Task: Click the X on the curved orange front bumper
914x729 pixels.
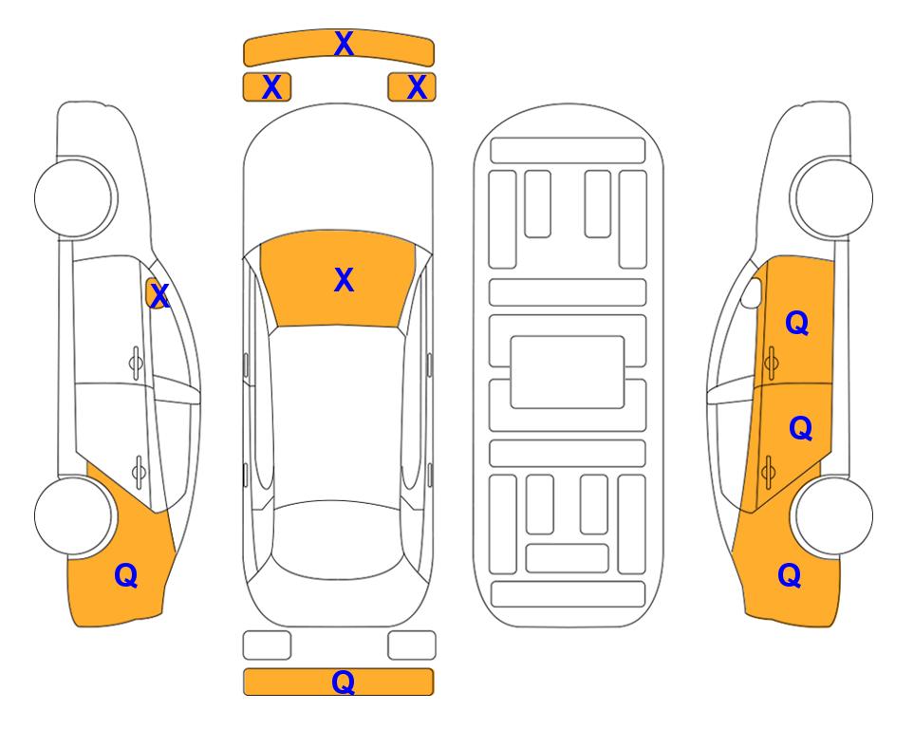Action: click(x=344, y=44)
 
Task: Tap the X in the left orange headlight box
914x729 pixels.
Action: click(x=271, y=87)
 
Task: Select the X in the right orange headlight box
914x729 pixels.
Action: click(x=417, y=87)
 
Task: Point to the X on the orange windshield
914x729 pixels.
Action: click(x=344, y=280)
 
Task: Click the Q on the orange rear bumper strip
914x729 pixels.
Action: click(x=343, y=682)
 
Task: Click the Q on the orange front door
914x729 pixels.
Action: click(x=797, y=323)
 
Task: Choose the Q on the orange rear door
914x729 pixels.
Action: click(x=800, y=429)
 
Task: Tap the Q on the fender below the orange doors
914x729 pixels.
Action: click(x=790, y=575)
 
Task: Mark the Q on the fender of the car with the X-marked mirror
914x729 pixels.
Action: click(x=126, y=575)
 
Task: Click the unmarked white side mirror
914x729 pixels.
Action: click(x=751, y=293)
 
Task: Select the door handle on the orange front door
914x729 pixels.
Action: click(x=771, y=363)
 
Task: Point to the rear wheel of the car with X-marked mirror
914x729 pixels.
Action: click(x=73, y=515)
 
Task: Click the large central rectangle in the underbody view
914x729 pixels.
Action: click(x=568, y=372)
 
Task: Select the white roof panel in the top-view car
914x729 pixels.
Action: click(x=337, y=414)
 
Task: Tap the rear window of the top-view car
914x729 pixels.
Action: click(x=335, y=539)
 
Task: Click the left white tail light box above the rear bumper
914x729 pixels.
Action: click(x=267, y=645)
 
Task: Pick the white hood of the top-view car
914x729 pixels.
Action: click(x=338, y=175)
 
